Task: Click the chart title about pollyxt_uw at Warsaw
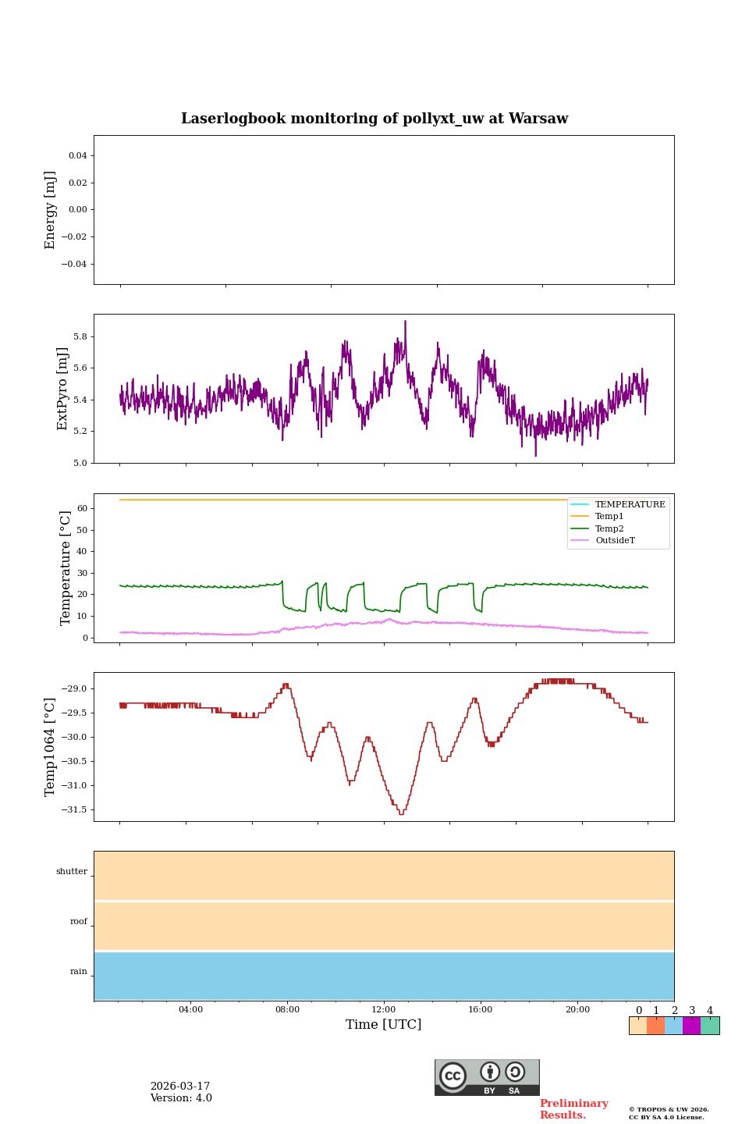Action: click(x=374, y=119)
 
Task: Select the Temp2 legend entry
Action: click(x=609, y=528)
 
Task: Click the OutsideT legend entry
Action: click(x=615, y=540)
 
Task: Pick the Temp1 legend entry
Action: click(x=609, y=516)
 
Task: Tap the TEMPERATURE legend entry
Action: click(x=630, y=504)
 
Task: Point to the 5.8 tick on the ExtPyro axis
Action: click(x=80, y=336)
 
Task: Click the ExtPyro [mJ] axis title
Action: click(x=63, y=389)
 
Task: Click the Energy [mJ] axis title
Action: click(x=51, y=210)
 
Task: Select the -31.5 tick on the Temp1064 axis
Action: click(x=75, y=809)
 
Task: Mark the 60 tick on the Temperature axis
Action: click(x=81, y=508)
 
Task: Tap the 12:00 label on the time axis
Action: click(x=384, y=1009)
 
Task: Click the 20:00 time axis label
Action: click(x=577, y=1009)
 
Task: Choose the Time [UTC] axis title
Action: click(x=384, y=1024)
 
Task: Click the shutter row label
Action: click(x=72, y=872)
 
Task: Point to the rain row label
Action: click(x=79, y=972)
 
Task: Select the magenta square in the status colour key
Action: click(x=691, y=1026)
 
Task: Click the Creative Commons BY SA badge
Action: click(x=487, y=1077)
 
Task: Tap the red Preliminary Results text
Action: click(x=573, y=1109)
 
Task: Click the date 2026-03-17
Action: click(x=180, y=1087)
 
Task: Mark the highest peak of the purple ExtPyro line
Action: click(x=405, y=321)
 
